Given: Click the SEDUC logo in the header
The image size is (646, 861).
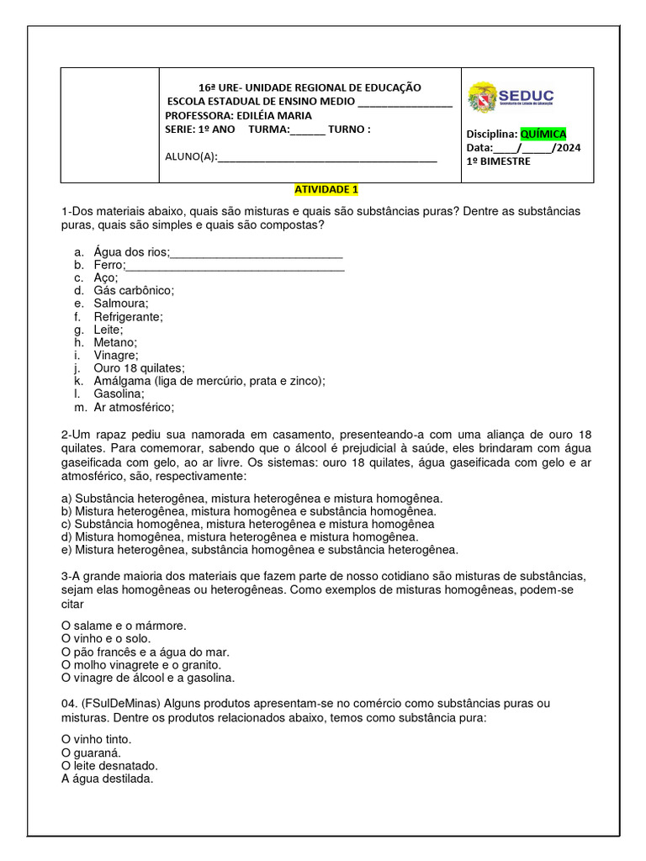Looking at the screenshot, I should point(511,98).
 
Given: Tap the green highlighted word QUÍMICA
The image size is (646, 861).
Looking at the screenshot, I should point(543,134).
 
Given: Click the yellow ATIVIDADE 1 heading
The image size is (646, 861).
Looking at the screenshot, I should point(326,190).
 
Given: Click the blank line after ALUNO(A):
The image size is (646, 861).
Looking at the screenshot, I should point(327,156).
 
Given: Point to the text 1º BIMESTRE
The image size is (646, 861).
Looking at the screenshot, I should point(499,161).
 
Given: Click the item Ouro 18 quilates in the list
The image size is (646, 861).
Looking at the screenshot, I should point(139,368).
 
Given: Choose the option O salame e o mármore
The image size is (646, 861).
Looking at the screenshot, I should point(124,626).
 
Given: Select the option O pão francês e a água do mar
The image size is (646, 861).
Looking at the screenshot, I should point(145,652).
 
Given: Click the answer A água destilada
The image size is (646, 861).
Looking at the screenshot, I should point(108,779).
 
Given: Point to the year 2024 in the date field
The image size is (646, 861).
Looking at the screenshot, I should point(568,148).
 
